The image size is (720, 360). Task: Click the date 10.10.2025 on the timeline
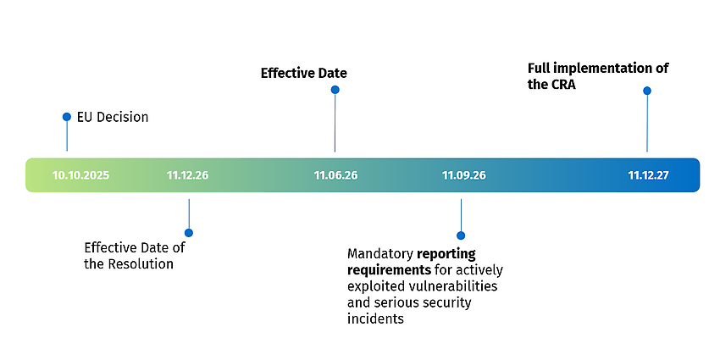[80, 175]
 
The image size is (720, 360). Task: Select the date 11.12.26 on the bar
[187, 175]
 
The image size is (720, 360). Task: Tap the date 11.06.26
[335, 175]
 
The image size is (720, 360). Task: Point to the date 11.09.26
[464, 175]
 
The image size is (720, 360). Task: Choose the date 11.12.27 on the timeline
[648, 175]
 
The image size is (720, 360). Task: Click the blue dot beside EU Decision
[67, 117]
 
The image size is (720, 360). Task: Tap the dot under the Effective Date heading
[335, 90]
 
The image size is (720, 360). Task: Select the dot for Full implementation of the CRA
[647, 91]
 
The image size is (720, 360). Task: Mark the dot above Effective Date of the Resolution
[189, 233]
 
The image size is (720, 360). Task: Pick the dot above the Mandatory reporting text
[461, 235]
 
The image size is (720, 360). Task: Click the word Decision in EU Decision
[122, 117]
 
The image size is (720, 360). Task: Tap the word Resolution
[141, 264]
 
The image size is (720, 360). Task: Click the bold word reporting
[446, 254]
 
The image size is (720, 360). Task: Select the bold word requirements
[390, 270]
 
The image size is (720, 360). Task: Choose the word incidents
[375, 318]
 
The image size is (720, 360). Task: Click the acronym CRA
[563, 85]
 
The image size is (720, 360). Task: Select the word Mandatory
[380, 254]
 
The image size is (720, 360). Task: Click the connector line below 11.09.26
[461, 215]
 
